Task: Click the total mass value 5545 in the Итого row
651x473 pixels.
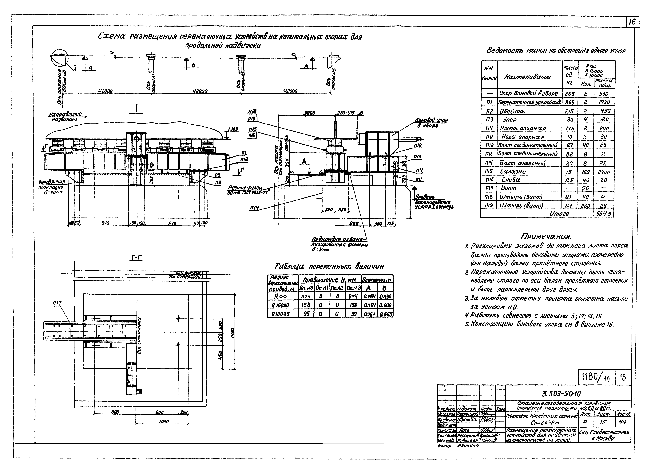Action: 603,214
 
